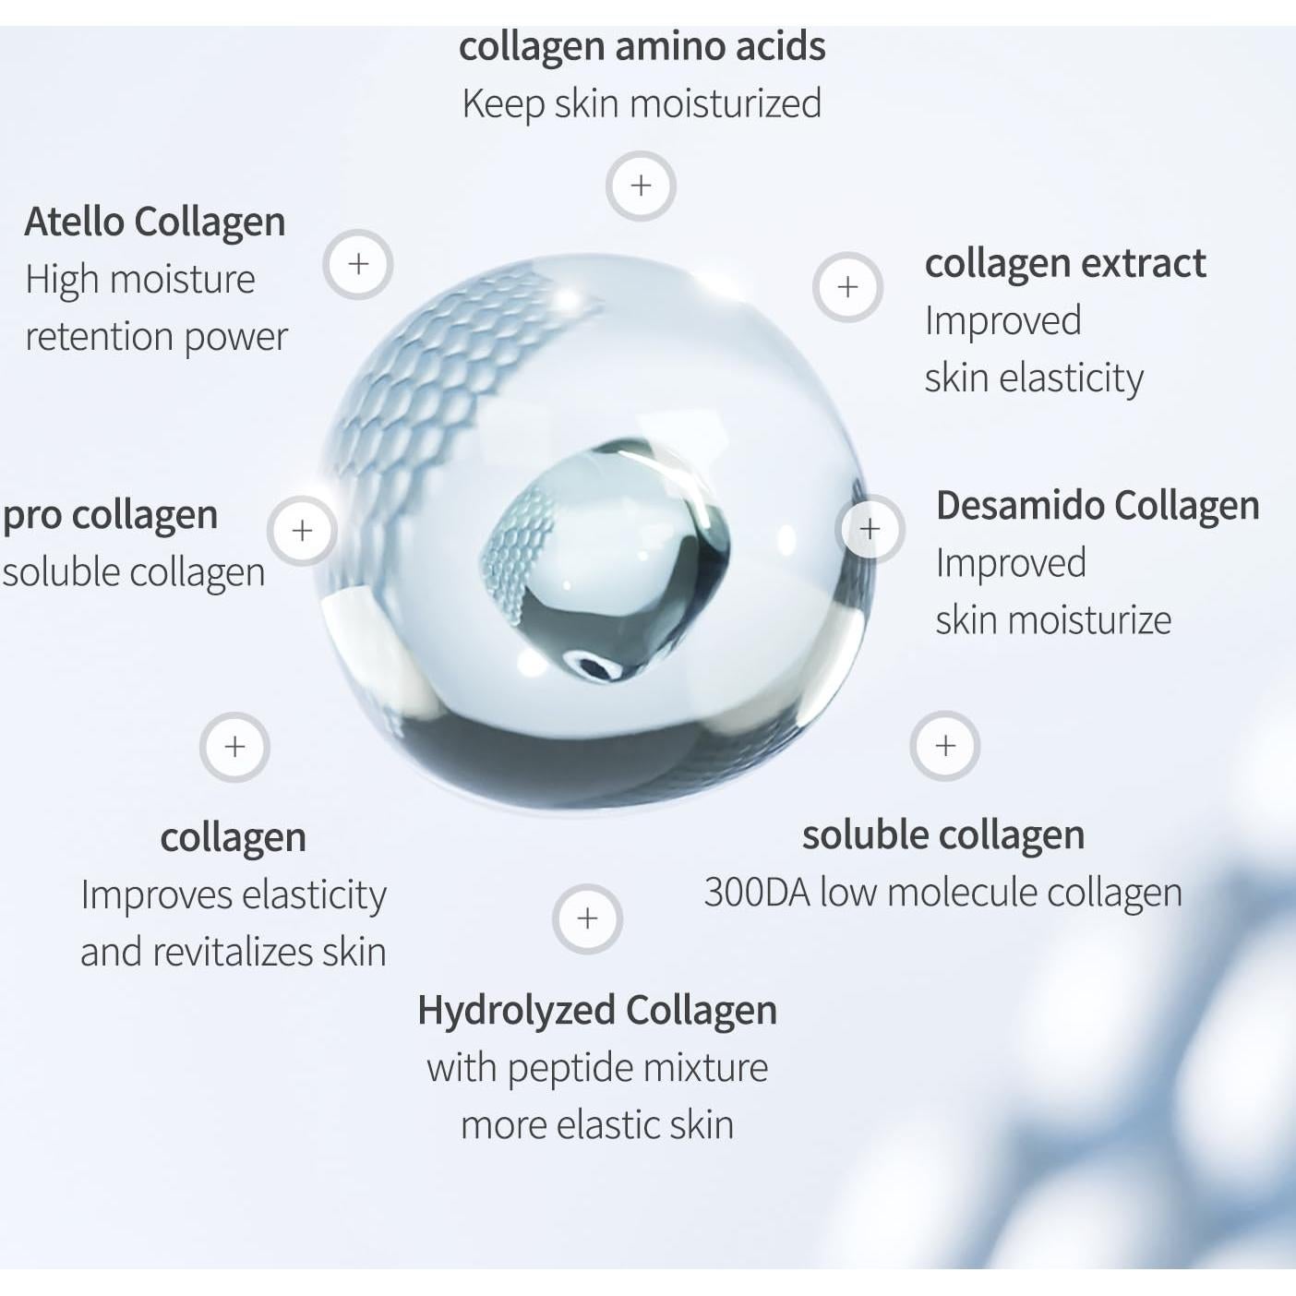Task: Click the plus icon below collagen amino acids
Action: (x=641, y=186)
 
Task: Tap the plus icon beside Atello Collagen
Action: (x=358, y=264)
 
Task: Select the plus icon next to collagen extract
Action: (x=847, y=287)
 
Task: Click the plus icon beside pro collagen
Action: (x=302, y=531)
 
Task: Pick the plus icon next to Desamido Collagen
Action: (x=870, y=529)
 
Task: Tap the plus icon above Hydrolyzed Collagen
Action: (x=587, y=918)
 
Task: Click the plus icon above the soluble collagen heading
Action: (x=944, y=746)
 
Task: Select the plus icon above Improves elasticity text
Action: (x=234, y=747)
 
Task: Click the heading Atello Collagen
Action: (x=155, y=222)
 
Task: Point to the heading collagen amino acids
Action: (x=642, y=46)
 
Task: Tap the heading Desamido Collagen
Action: (x=1098, y=506)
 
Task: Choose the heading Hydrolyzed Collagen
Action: (x=596, y=1010)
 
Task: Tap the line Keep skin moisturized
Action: (x=642, y=103)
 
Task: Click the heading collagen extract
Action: (x=1065, y=264)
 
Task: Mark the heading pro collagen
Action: (x=111, y=515)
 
